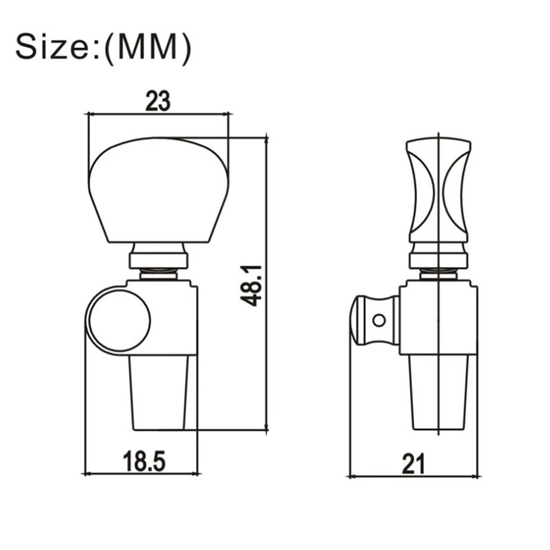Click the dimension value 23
click(x=158, y=101)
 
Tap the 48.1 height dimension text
click(x=251, y=286)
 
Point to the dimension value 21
click(x=413, y=464)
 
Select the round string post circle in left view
click(x=120, y=320)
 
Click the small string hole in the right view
click(x=379, y=320)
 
